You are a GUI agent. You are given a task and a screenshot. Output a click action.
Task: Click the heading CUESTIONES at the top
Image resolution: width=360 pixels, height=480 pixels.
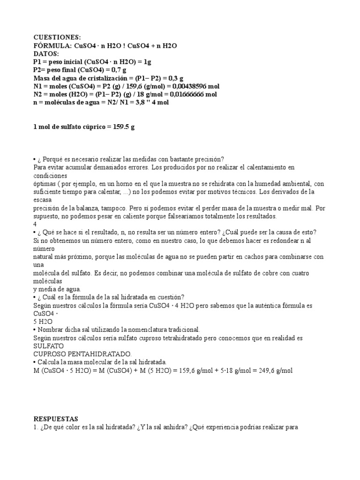[57, 37]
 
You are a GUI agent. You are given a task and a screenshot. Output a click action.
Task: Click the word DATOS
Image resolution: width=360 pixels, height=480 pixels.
[46, 53]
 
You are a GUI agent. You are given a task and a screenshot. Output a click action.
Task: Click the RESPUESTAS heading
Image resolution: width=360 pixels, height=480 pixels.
[56, 419]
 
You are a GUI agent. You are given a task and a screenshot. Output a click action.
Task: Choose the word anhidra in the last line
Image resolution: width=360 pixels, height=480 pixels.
[194, 427]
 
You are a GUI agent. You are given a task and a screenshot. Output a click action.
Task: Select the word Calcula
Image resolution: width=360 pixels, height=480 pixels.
[49, 362]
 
